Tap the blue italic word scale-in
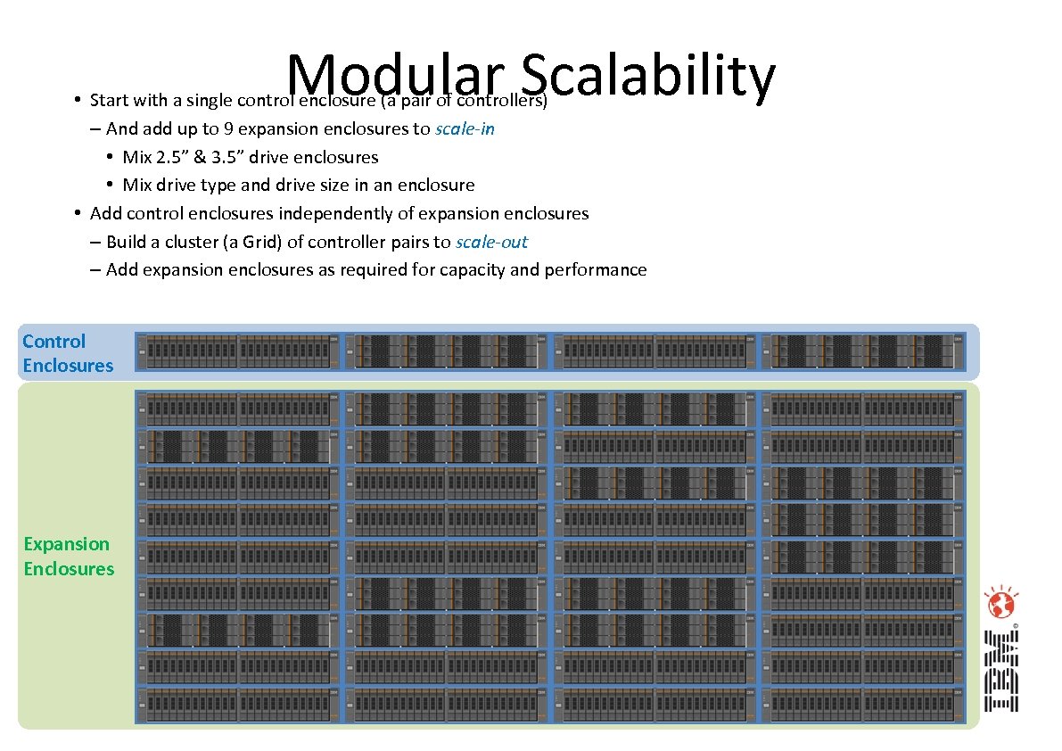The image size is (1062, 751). coord(465,128)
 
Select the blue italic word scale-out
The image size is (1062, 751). coord(491,242)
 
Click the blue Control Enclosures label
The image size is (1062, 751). coord(68,353)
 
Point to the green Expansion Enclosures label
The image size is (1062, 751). coord(69,557)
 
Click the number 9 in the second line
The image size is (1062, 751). coord(230,128)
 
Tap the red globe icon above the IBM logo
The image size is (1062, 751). coord(1000,606)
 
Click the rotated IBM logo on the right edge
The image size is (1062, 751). coord(1000,672)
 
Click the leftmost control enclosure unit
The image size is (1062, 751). coord(238,351)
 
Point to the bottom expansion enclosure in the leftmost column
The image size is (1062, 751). coord(238,705)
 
